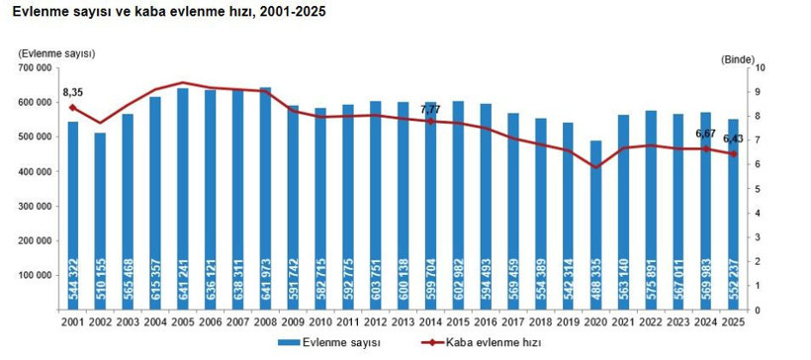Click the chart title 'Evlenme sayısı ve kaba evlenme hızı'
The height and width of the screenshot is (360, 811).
[x=168, y=12]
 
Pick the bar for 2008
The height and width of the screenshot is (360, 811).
[x=265, y=198]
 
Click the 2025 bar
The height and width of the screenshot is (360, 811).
[x=734, y=215]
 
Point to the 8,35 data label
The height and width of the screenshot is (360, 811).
[x=72, y=92]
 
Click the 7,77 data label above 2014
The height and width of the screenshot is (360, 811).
[x=430, y=109]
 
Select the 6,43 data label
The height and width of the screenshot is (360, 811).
[x=733, y=138]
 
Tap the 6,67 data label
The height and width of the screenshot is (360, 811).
[x=705, y=133]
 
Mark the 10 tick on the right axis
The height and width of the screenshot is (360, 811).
[x=760, y=68]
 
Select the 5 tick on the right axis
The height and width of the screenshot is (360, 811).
[x=758, y=189]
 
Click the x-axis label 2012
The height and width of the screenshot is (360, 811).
[x=375, y=323]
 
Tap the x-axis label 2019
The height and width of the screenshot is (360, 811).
[x=568, y=323]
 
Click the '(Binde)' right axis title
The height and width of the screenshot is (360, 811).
[x=738, y=59]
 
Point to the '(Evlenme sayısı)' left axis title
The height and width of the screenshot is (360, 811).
[x=57, y=51]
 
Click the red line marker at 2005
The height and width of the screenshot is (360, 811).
[x=183, y=83]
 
